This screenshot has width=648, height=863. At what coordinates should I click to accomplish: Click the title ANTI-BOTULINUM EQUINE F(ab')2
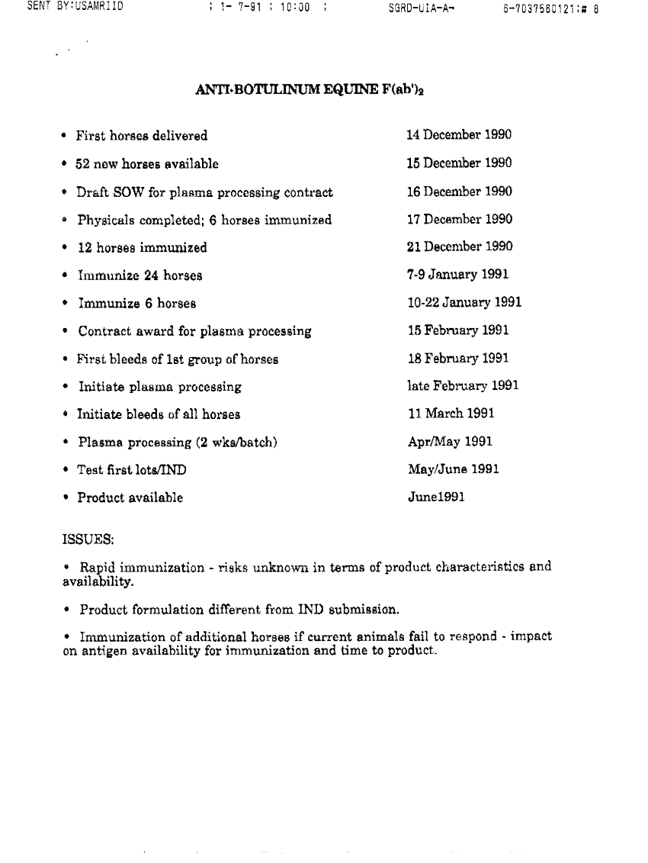[310, 89]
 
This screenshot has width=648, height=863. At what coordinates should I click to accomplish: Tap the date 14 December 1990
[459, 135]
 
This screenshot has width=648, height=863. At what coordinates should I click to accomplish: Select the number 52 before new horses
[84, 163]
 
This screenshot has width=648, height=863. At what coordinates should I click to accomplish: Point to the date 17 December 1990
[460, 219]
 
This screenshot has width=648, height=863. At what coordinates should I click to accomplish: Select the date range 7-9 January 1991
[457, 275]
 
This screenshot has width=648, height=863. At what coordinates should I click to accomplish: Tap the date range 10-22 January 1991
[464, 303]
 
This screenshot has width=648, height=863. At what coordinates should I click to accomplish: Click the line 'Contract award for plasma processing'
[194, 331]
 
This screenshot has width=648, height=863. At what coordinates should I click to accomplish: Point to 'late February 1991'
[463, 386]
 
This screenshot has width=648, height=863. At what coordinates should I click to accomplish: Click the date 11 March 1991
[451, 414]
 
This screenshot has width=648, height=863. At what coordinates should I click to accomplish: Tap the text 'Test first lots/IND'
[131, 470]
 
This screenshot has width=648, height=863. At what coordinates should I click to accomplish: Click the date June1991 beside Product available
[435, 498]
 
